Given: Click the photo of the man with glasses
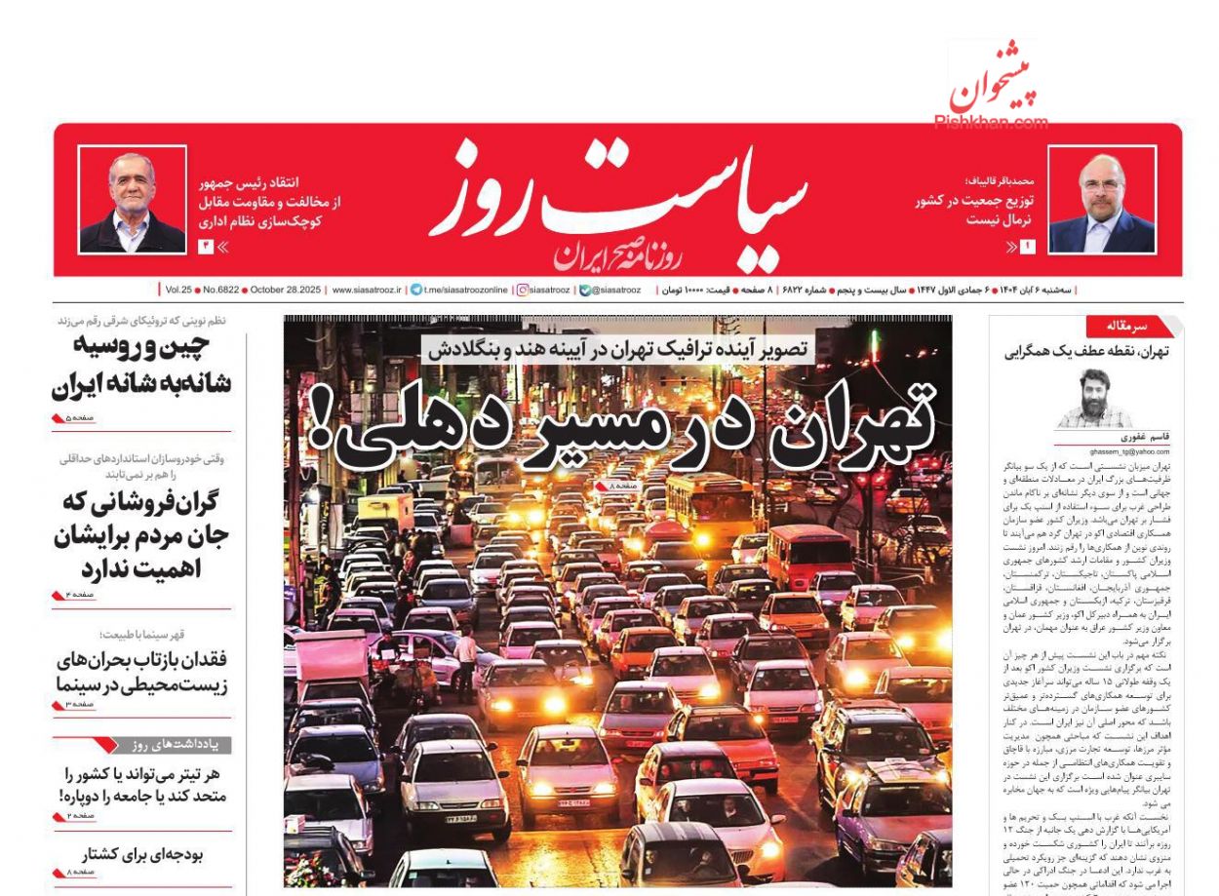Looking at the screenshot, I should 1102,201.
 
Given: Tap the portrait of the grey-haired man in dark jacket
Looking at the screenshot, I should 132,201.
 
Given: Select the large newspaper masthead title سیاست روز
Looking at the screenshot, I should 619,200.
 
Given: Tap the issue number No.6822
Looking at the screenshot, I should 217,290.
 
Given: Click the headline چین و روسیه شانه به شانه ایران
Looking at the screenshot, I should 141,366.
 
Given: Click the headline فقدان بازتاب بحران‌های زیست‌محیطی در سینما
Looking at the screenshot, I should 141,673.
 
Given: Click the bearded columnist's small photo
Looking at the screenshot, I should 1093,400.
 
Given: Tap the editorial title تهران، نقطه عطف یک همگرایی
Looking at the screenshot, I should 1086,353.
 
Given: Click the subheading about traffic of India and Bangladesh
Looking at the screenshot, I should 618,349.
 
